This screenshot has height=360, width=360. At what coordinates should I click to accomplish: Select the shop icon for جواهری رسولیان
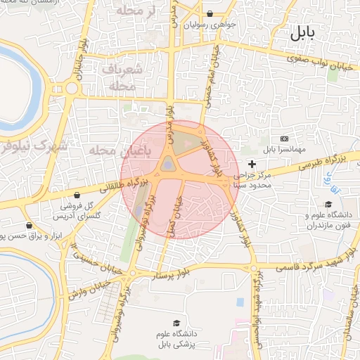(x=210, y=14)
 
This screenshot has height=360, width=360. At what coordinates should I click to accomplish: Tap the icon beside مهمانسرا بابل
(x=284, y=139)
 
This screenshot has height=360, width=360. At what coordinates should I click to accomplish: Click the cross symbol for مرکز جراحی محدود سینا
(x=252, y=163)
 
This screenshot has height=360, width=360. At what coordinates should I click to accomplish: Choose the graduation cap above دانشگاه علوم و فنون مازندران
(x=327, y=204)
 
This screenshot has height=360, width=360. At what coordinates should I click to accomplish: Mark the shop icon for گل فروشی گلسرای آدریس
(x=76, y=195)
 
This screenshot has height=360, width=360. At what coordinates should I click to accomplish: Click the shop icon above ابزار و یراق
(x=28, y=226)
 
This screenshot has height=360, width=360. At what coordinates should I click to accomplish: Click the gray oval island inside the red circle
(x=169, y=164)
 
